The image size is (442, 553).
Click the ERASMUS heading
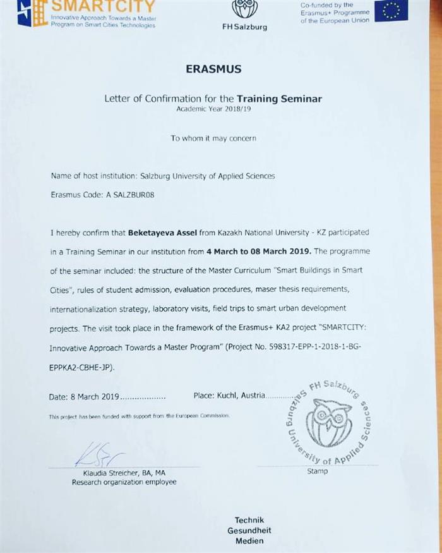pyautogui.click(x=213, y=69)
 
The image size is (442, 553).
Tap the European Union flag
pyautogui.click(x=391, y=11)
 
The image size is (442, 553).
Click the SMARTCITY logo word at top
pyautogui.click(x=103, y=7)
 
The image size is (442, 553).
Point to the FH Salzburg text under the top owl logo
pyautogui.click(x=244, y=27)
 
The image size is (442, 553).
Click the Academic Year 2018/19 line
pyautogui.click(x=213, y=109)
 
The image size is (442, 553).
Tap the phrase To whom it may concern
pyautogui.click(x=213, y=138)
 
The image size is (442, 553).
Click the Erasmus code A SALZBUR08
pyautogui.click(x=125, y=195)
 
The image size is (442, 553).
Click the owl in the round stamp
pyautogui.click(x=327, y=422)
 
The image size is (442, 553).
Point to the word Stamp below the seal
pyautogui.click(x=317, y=471)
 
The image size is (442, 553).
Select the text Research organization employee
pyautogui.click(x=124, y=482)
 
